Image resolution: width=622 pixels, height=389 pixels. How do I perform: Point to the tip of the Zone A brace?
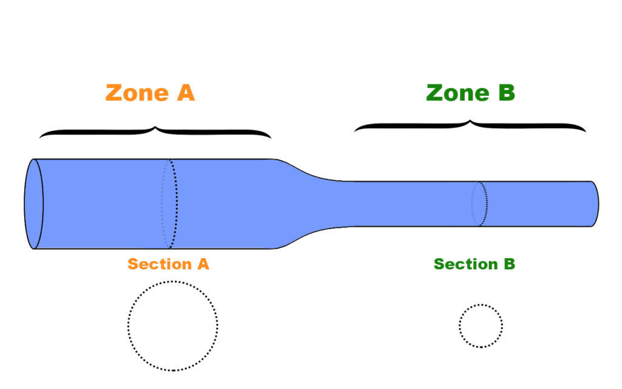[155, 126]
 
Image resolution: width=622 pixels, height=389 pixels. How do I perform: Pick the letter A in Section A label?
[203, 264]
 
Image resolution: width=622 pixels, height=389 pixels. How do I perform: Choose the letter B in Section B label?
[509, 264]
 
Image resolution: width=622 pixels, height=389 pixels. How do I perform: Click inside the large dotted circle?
[173, 326]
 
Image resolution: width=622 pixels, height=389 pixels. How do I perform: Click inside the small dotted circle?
[480, 326]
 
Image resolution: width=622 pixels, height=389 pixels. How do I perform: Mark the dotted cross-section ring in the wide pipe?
[171, 204]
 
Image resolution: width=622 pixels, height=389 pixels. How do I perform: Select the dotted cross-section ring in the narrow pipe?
[480, 204]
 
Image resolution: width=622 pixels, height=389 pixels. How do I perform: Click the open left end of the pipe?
[33, 204]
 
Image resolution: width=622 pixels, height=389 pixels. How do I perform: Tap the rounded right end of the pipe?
[595, 204]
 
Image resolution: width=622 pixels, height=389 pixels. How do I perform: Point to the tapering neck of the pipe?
[307, 204]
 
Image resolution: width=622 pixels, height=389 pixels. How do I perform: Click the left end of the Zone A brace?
[41, 136]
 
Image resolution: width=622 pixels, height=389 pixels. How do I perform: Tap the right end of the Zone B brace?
[585, 130]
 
